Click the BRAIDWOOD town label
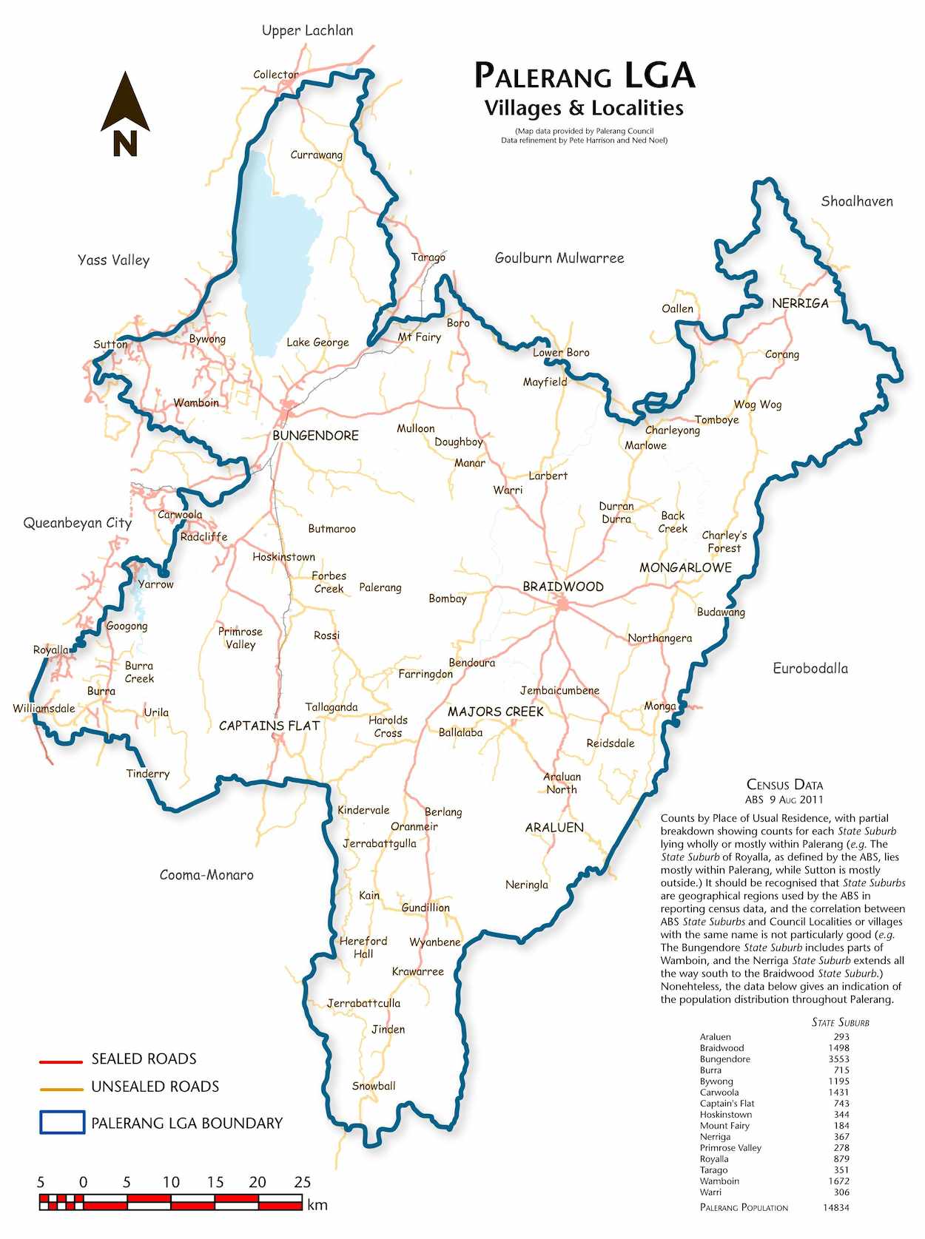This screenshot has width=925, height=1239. click(563, 587)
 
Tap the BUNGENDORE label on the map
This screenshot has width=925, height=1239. click(315, 436)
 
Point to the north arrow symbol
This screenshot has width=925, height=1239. click(125, 114)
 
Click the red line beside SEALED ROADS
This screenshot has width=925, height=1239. click(61, 1061)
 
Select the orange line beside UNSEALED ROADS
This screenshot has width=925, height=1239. click(61, 1089)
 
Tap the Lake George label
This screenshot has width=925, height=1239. click(317, 342)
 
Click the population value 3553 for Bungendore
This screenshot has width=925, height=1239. click(838, 1059)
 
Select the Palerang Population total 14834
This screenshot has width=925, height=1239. click(835, 1207)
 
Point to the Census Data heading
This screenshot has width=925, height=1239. click(784, 785)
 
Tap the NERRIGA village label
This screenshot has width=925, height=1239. click(800, 303)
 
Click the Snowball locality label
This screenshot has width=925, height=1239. click(374, 1086)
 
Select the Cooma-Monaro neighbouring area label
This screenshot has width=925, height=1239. click(206, 875)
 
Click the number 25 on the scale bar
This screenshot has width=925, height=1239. click(302, 1182)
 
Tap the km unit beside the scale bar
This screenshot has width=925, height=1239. click(317, 1205)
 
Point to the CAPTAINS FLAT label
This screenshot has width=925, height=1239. click(269, 726)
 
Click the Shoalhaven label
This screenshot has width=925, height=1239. click(856, 201)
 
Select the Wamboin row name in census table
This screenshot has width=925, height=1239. click(719, 1181)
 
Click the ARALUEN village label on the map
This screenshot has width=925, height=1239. click(554, 828)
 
